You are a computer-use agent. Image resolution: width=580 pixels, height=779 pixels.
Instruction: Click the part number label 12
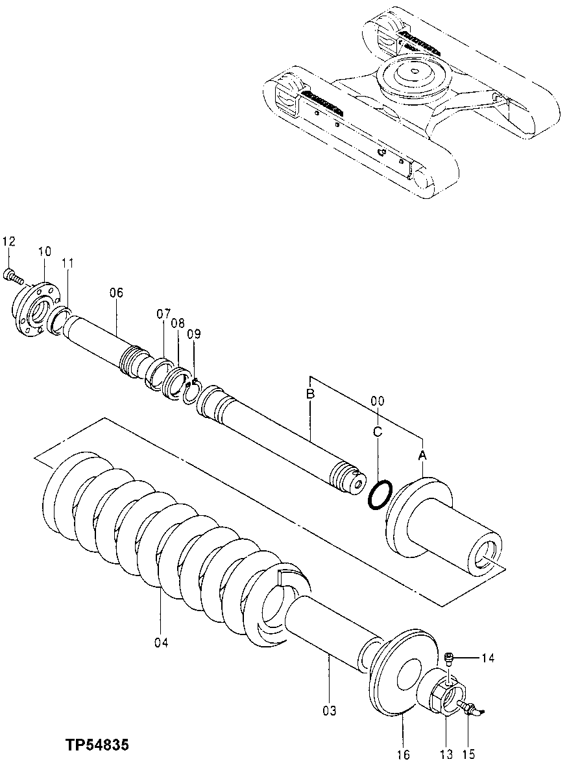(x=8, y=242)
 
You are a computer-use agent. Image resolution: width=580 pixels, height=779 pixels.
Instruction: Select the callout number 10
(x=43, y=251)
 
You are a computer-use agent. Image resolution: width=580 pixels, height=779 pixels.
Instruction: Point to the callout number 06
(x=116, y=292)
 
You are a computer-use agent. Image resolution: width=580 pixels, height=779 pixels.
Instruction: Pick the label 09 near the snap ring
(x=194, y=334)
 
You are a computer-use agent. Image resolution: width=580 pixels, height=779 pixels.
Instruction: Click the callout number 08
(x=178, y=323)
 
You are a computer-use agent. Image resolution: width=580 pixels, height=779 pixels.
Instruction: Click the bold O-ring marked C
(x=379, y=495)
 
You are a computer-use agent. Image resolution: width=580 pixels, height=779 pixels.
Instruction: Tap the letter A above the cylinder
(x=422, y=456)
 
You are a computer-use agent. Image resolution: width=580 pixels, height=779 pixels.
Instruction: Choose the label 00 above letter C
(x=378, y=401)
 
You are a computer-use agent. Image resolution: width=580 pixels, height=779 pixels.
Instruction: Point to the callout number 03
(x=330, y=711)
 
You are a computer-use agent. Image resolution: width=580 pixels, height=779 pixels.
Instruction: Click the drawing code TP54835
(x=96, y=746)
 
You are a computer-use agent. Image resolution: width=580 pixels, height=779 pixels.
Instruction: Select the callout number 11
(x=67, y=263)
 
